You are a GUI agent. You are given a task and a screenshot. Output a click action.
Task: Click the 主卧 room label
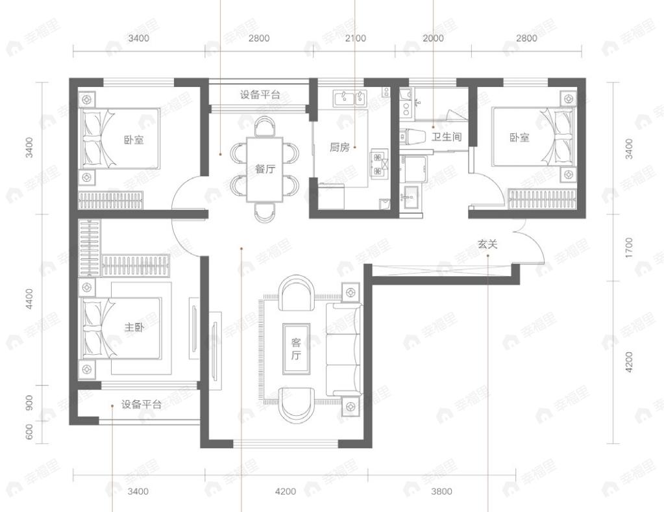coord(134,327)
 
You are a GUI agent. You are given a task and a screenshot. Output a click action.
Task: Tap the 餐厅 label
coord(265,169)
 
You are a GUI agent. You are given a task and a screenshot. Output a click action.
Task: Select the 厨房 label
coord(339,147)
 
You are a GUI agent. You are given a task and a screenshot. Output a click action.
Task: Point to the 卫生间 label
coord(447,137)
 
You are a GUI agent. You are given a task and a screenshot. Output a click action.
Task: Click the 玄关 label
coord(487,244)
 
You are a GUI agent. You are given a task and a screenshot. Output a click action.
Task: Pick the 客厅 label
coord(296,349)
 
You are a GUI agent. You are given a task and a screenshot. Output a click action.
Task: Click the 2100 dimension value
coord(355,38)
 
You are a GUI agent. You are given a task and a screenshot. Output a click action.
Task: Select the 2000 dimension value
coord(433,38)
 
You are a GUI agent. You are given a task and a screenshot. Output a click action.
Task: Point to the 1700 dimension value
coord(628,248)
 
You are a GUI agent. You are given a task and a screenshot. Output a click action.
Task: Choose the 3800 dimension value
coord(441,491)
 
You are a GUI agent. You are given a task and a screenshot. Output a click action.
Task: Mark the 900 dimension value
coord(29,405)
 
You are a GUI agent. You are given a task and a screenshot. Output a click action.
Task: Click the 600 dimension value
coord(29,432)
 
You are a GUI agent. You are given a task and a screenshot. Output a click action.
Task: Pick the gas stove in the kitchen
coord(378,164)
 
